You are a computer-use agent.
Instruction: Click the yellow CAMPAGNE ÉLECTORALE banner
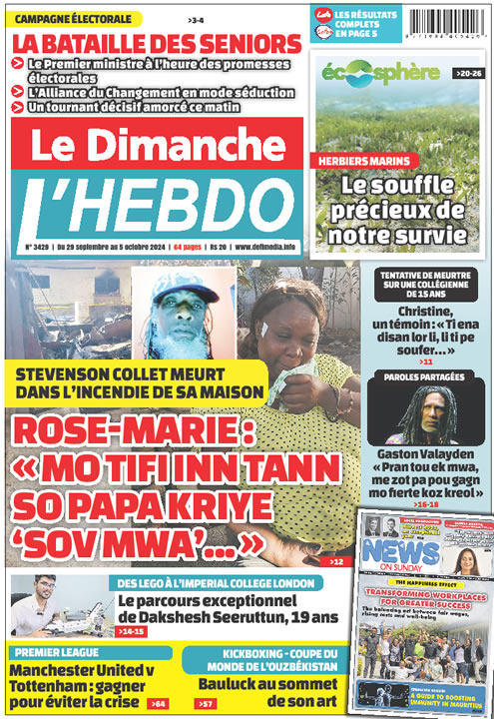coord(75,19)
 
